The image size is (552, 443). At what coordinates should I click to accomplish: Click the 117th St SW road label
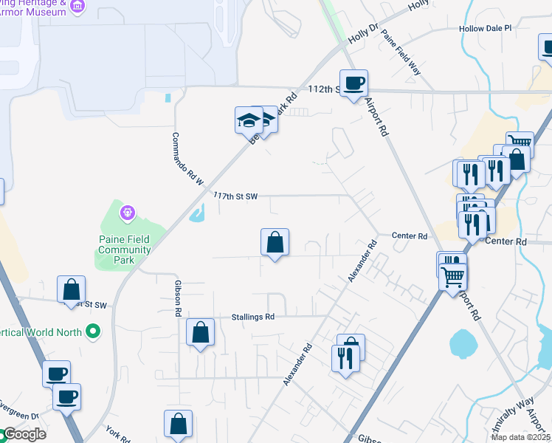pos(235,196)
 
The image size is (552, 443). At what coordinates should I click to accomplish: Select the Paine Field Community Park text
pos(125,244)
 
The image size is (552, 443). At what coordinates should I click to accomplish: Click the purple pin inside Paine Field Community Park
pos(127,213)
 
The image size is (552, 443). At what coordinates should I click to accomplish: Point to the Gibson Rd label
pos(178,298)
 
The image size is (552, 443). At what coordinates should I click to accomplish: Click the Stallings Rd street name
pos(253,317)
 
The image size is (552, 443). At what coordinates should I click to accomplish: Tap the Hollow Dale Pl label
pos(485,28)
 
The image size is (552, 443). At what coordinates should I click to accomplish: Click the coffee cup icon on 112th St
pos(353,83)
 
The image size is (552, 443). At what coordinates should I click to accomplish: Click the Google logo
pos(24,434)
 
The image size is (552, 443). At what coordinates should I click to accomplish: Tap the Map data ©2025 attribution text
pos(521,437)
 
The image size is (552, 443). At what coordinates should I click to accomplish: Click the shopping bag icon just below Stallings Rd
pos(200,332)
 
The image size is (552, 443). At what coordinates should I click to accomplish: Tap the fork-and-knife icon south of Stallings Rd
pos(345,359)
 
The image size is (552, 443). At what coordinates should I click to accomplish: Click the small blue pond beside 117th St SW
pos(197,215)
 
